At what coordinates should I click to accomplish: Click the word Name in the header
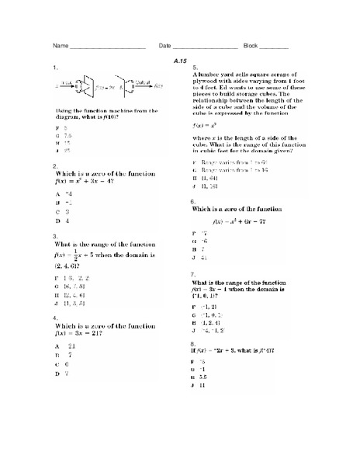60,47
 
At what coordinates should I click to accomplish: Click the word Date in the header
164,47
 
